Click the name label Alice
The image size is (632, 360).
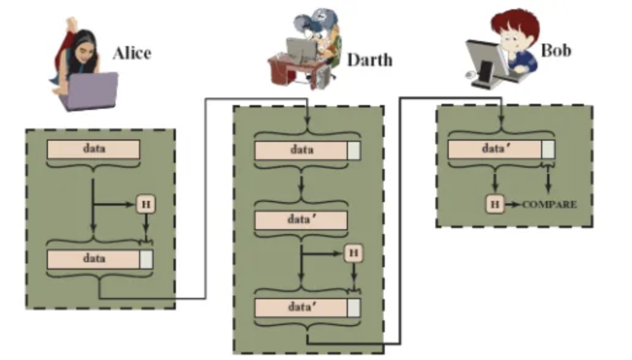click(x=132, y=53)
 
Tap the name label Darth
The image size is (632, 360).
click(x=369, y=60)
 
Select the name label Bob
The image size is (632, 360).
click(x=555, y=50)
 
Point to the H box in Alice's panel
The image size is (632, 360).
click(x=145, y=204)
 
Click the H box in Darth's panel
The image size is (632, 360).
click(x=353, y=252)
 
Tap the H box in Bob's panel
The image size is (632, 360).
click(x=494, y=204)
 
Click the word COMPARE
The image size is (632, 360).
click(x=550, y=205)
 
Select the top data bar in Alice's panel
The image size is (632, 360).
click(x=93, y=149)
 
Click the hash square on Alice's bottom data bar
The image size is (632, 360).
click(x=146, y=259)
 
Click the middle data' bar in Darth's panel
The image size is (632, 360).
click(x=301, y=220)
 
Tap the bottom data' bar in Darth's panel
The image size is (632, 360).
click(x=301, y=307)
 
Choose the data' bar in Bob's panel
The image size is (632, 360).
click(x=495, y=149)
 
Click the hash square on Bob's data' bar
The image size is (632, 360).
click(x=548, y=149)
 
